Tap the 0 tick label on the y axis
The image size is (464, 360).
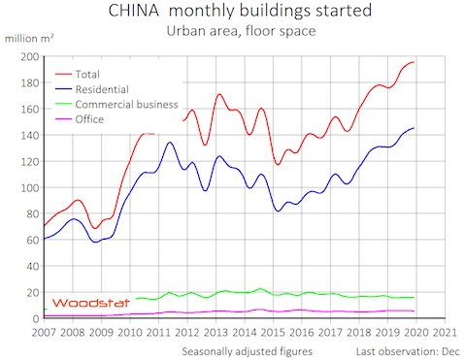(35, 319)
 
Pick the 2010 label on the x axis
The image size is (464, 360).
(130, 332)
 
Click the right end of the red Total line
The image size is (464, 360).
(415, 62)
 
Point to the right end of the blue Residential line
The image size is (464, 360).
(415, 128)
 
